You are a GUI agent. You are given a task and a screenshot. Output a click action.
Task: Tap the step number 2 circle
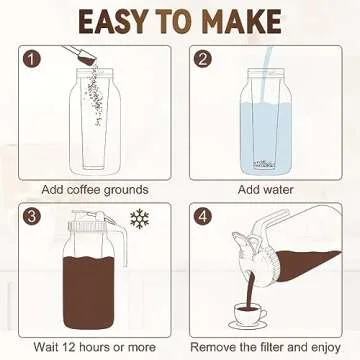tap(204, 60)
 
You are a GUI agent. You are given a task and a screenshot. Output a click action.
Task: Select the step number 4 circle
tap(204, 216)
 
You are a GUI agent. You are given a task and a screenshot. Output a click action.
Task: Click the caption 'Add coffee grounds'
tap(95, 188)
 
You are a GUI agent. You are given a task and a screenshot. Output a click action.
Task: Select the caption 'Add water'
tap(266, 188)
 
